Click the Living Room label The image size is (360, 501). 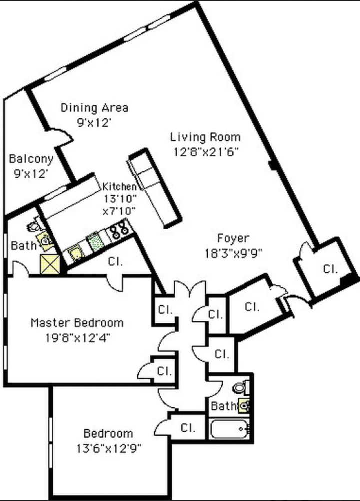205,137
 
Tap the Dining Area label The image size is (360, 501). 94,107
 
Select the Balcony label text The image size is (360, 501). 31,159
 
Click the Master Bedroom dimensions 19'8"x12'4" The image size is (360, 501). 77,337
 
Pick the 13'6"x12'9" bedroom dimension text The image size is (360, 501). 108,448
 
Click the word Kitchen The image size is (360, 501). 119,187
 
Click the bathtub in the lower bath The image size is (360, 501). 228,429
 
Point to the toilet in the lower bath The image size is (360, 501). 240,387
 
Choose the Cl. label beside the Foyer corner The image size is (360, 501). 330,269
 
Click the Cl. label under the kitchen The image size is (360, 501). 115,261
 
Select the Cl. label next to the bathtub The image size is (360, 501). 188,428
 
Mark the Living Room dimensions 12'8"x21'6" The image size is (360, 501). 205,151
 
